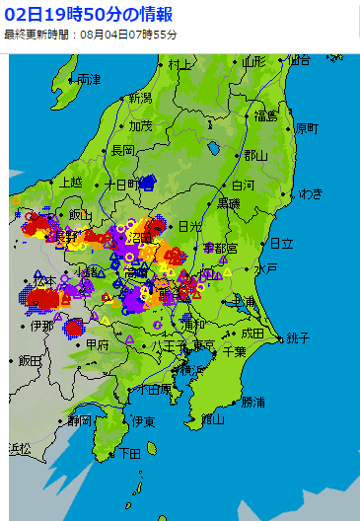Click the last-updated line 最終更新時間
[91, 35]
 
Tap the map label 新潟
[140, 99]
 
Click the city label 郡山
[255, 155]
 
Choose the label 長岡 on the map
[122, 150]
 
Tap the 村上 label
[180, 64]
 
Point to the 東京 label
[203, 345]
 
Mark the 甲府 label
[98, 345]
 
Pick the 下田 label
[129, 454]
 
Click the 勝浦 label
[253, 402]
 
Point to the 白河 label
[243, 185]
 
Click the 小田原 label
[152, 390]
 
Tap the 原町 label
[307, 128]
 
